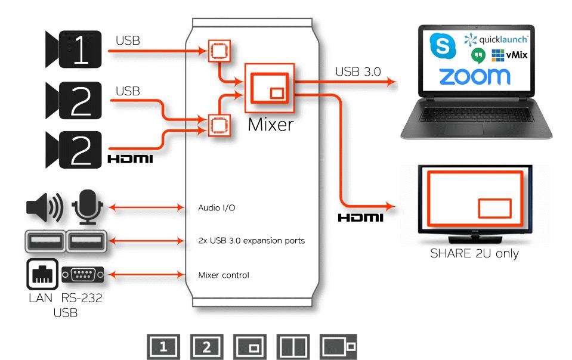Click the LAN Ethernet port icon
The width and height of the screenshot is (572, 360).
[x=42, y=274]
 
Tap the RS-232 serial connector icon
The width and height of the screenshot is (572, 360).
[x=84, y=275]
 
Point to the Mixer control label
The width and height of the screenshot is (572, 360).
[x=222, y=275]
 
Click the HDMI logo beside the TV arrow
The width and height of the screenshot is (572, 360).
[x=360, y=219]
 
